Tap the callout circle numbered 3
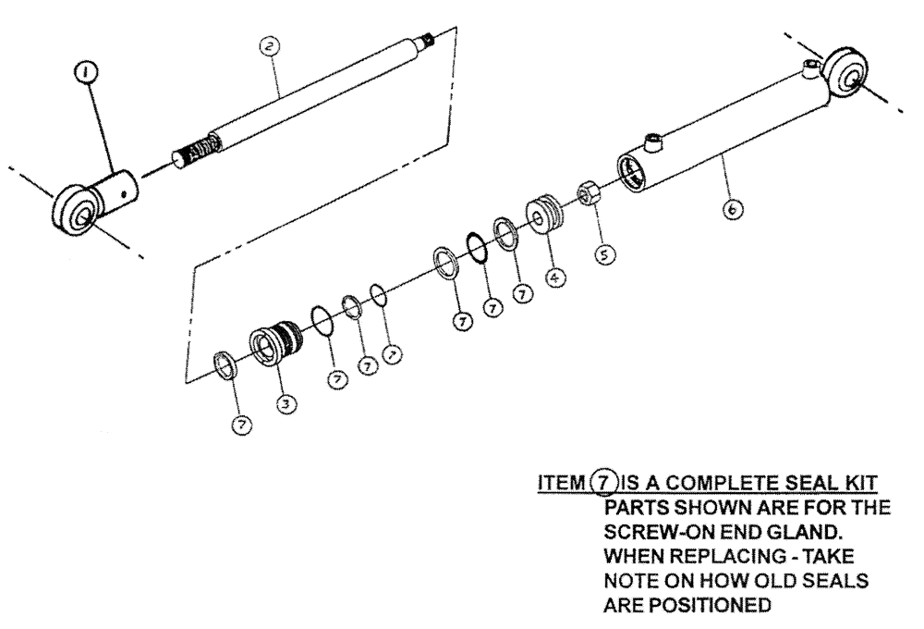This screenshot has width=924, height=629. coord(286,403)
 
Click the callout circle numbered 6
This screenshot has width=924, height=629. coord(730,211)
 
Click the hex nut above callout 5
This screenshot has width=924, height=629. coord(589,195)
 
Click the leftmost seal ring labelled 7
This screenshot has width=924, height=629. coord(225,364)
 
